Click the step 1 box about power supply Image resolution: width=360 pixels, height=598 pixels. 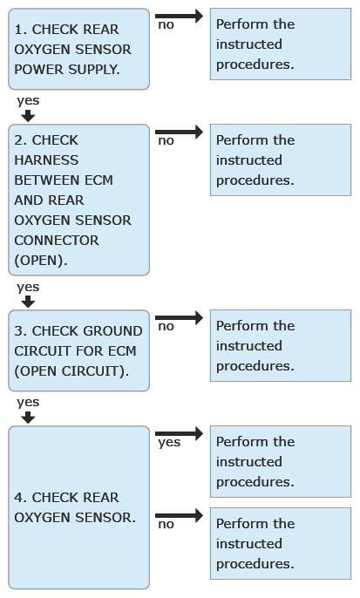(x=79, y=49)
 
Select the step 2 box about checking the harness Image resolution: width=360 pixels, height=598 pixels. (x=79, y=200)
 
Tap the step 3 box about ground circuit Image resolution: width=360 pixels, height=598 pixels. (x=79, y=350)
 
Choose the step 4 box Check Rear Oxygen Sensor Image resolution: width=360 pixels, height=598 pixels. (x=79, y=507)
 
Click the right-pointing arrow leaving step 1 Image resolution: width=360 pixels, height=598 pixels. (x=179, y=16)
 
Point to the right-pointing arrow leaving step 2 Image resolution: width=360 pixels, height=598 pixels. (x=179, y=132)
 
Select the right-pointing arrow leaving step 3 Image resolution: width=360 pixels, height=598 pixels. (x=179, y=317)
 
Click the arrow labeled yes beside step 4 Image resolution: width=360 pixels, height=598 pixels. (x=179, y=433)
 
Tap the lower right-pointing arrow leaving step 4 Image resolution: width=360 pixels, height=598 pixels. (x=179, y=516)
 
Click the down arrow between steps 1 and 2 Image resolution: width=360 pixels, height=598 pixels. (x=28, y=116)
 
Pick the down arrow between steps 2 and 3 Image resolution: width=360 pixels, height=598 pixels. (x=28, y=302)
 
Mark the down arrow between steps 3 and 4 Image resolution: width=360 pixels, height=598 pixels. (x=28, y=418)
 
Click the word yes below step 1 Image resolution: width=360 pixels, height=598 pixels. (x=28, y=101)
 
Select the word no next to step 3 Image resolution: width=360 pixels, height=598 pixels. (x=166, y=326)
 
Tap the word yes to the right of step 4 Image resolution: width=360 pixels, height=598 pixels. (x=169, y=443)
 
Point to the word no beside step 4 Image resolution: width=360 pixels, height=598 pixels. (x=166, y=525)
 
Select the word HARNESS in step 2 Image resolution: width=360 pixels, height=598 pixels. (x=46, y=160)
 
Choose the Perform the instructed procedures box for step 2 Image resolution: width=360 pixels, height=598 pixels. (x=281, y=160)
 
